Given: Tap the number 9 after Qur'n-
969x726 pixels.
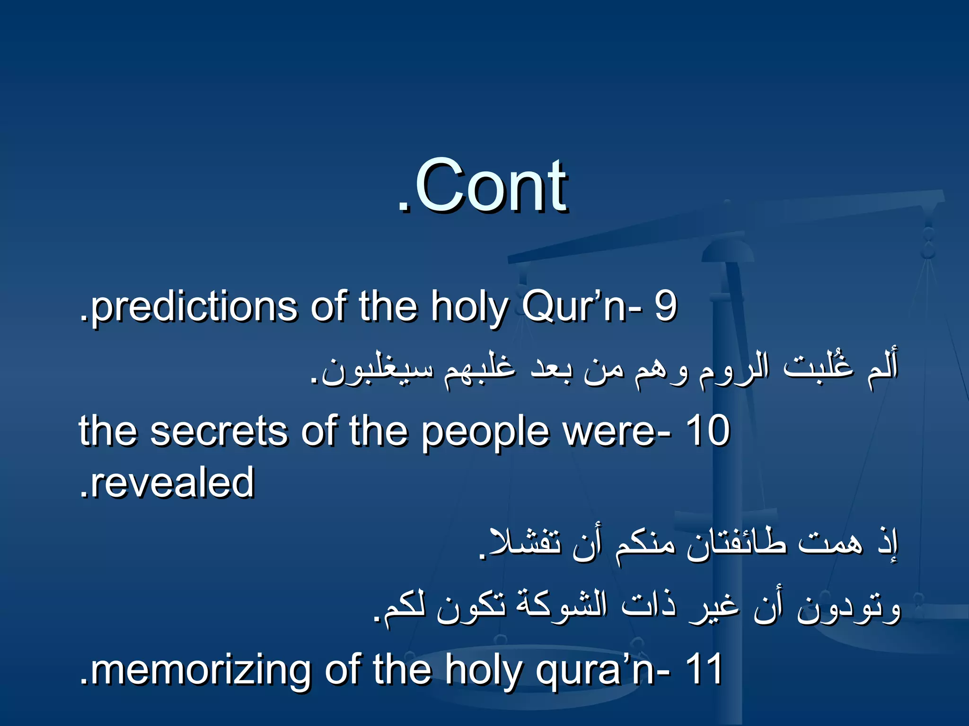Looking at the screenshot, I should click(x=666, y=306).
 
